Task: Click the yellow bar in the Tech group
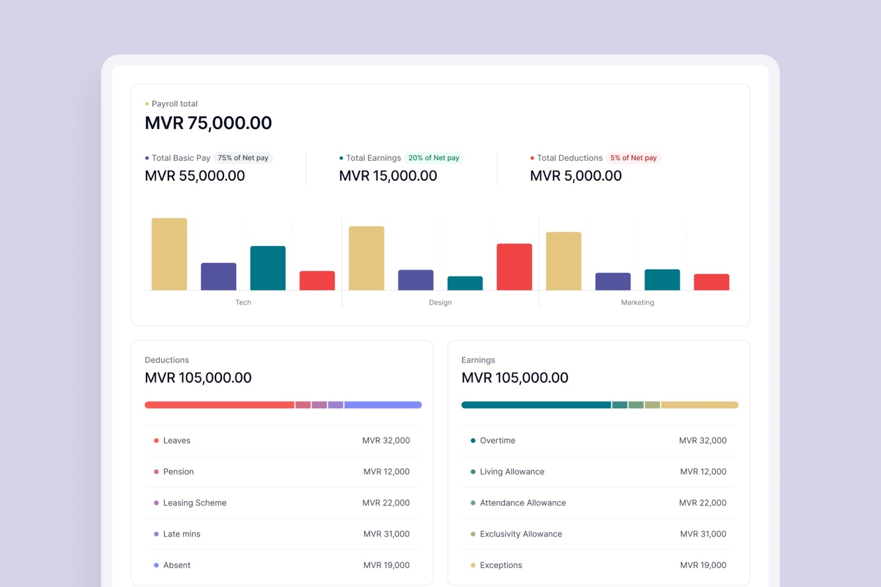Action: coord(169,254)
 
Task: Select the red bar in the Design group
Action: coord(514,267)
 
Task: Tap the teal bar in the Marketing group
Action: coord(662,280)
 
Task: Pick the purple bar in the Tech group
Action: coord(218,276)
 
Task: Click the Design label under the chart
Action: coord(440,302)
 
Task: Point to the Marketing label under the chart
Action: coord(637,302)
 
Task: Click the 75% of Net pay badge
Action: coord(243,158)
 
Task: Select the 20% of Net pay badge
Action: coord(433,158)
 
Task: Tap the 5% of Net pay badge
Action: coord(633,158)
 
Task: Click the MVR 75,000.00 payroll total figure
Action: coord(208,123)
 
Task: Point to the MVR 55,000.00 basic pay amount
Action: coord(194,176)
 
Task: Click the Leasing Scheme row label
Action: coord(194,503)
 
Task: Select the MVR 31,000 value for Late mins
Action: coord(386,534)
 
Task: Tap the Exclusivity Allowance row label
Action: coord(520,534)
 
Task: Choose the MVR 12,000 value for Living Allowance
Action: coord(703,472)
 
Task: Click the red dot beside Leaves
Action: coord(156,441)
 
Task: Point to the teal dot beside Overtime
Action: coord(473,441)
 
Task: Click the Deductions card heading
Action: coord(166,360)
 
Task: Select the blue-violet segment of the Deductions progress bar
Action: coord(383,405)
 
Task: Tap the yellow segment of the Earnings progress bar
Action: coord(699,405)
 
